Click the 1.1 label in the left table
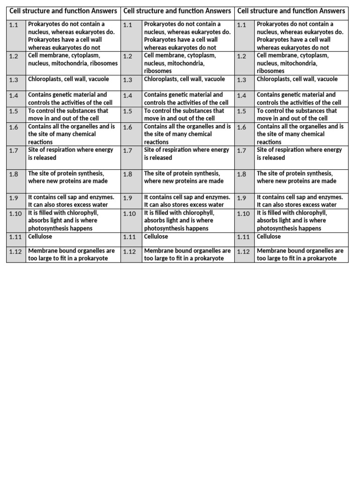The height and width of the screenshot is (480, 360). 14,25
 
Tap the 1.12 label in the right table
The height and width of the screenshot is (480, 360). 243,252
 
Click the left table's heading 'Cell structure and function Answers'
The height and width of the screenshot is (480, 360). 63,11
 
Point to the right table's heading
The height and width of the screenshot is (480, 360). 292,11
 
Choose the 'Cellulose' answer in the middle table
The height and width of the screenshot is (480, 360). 156,237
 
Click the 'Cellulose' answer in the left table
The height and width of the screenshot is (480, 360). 40,237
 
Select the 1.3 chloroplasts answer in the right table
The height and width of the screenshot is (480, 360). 297,79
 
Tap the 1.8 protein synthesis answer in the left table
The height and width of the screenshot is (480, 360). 68,177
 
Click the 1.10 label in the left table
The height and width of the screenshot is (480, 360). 15,214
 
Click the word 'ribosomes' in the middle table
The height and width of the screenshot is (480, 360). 158,71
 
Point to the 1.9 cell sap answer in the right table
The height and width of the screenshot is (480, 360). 300,201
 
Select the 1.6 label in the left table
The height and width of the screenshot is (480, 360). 14,127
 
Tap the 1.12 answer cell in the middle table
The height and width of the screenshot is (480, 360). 187,255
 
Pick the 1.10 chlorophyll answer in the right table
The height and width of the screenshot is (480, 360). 291,220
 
